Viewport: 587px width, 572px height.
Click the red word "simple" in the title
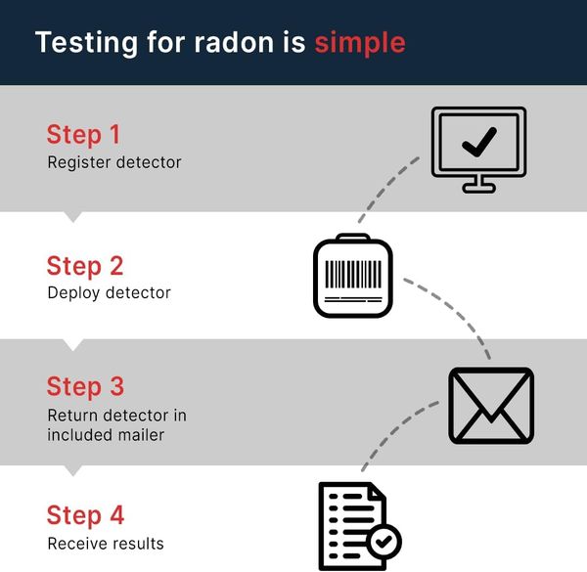[359, 43]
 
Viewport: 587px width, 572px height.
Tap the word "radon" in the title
[264, 43]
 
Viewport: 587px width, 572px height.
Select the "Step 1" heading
[83, 134]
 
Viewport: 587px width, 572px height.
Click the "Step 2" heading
[84, 265]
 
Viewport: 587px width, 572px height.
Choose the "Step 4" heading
[84, 514]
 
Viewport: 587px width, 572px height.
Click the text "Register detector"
[114, 162]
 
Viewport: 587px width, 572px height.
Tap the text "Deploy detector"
[109, 292]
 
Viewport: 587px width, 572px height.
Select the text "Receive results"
[106, 543]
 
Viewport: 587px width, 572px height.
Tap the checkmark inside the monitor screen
[478, 142]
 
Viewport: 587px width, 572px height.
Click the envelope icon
[490, 405]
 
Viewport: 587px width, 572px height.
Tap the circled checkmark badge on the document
[383, 541]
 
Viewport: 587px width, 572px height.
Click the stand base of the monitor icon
[478, 189]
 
